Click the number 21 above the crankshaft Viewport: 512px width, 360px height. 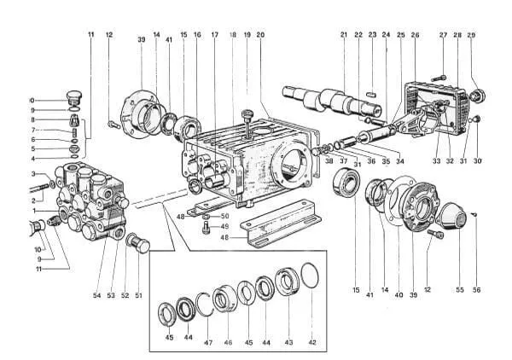[x=343, y=36]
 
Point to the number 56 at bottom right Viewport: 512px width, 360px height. [x=476, y=290]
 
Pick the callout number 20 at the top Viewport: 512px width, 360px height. [x=259, y=36]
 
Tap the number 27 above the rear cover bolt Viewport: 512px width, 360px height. [x=443, y=36]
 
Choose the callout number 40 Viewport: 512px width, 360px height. [x=398, y=295]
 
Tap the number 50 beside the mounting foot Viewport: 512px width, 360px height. [x=225, y=216]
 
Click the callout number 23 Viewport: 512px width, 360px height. [x=372, y=36]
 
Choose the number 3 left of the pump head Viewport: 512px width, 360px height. [x=35, y=174]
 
